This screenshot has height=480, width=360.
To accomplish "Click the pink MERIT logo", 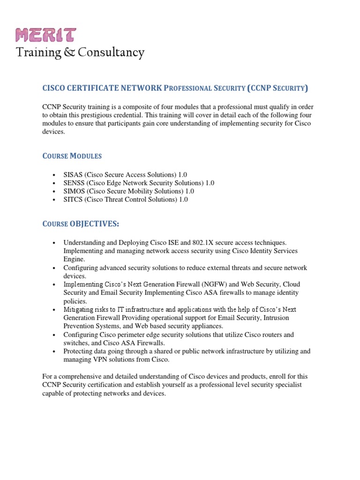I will [46, 34].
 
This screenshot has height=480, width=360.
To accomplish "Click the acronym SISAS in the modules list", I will [73, 174].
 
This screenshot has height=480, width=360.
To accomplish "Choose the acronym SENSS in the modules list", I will [73, 183].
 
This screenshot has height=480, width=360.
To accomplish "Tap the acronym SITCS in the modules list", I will [73, 200].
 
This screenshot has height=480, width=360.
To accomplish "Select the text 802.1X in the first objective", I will [202, 243].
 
